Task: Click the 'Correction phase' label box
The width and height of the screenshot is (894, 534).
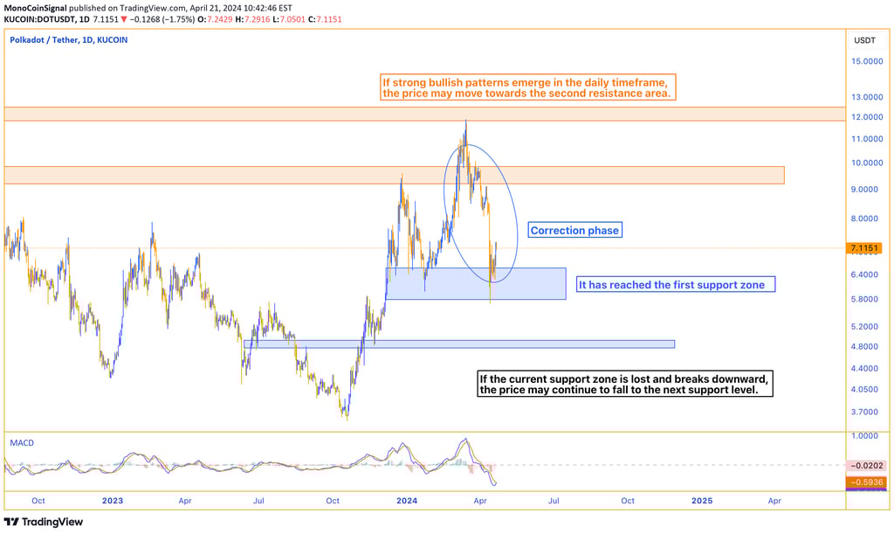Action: pos(574,231)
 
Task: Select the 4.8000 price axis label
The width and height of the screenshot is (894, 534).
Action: pos(864,347)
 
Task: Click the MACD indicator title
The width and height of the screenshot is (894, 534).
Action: pos(22,443)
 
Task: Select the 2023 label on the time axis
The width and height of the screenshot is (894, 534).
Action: pos(112,502)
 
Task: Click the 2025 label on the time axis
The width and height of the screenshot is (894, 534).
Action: pos(701,502)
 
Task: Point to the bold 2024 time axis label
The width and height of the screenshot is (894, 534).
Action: pos(407,502)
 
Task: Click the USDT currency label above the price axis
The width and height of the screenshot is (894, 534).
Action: pos(864,40)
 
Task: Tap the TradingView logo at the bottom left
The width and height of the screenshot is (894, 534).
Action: pos(44,522)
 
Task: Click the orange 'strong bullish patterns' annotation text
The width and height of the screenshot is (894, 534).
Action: pos(527,87)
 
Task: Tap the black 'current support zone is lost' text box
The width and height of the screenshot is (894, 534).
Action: pos(625,385)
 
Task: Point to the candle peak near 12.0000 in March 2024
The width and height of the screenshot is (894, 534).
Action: pos(465,121)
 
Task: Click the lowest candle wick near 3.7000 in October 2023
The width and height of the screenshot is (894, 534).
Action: pos(347,420)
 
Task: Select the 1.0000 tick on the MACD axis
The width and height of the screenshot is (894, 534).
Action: pos(864,435)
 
